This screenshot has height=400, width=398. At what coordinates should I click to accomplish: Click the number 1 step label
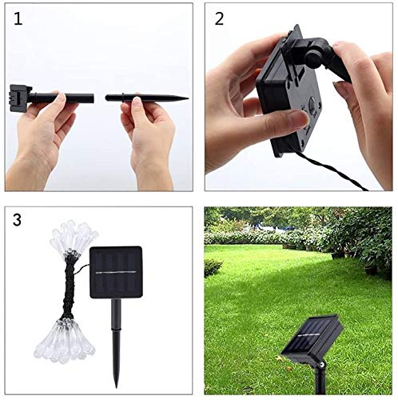click(18, 19)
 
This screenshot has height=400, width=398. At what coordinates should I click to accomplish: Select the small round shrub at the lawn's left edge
click(212, 267)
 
